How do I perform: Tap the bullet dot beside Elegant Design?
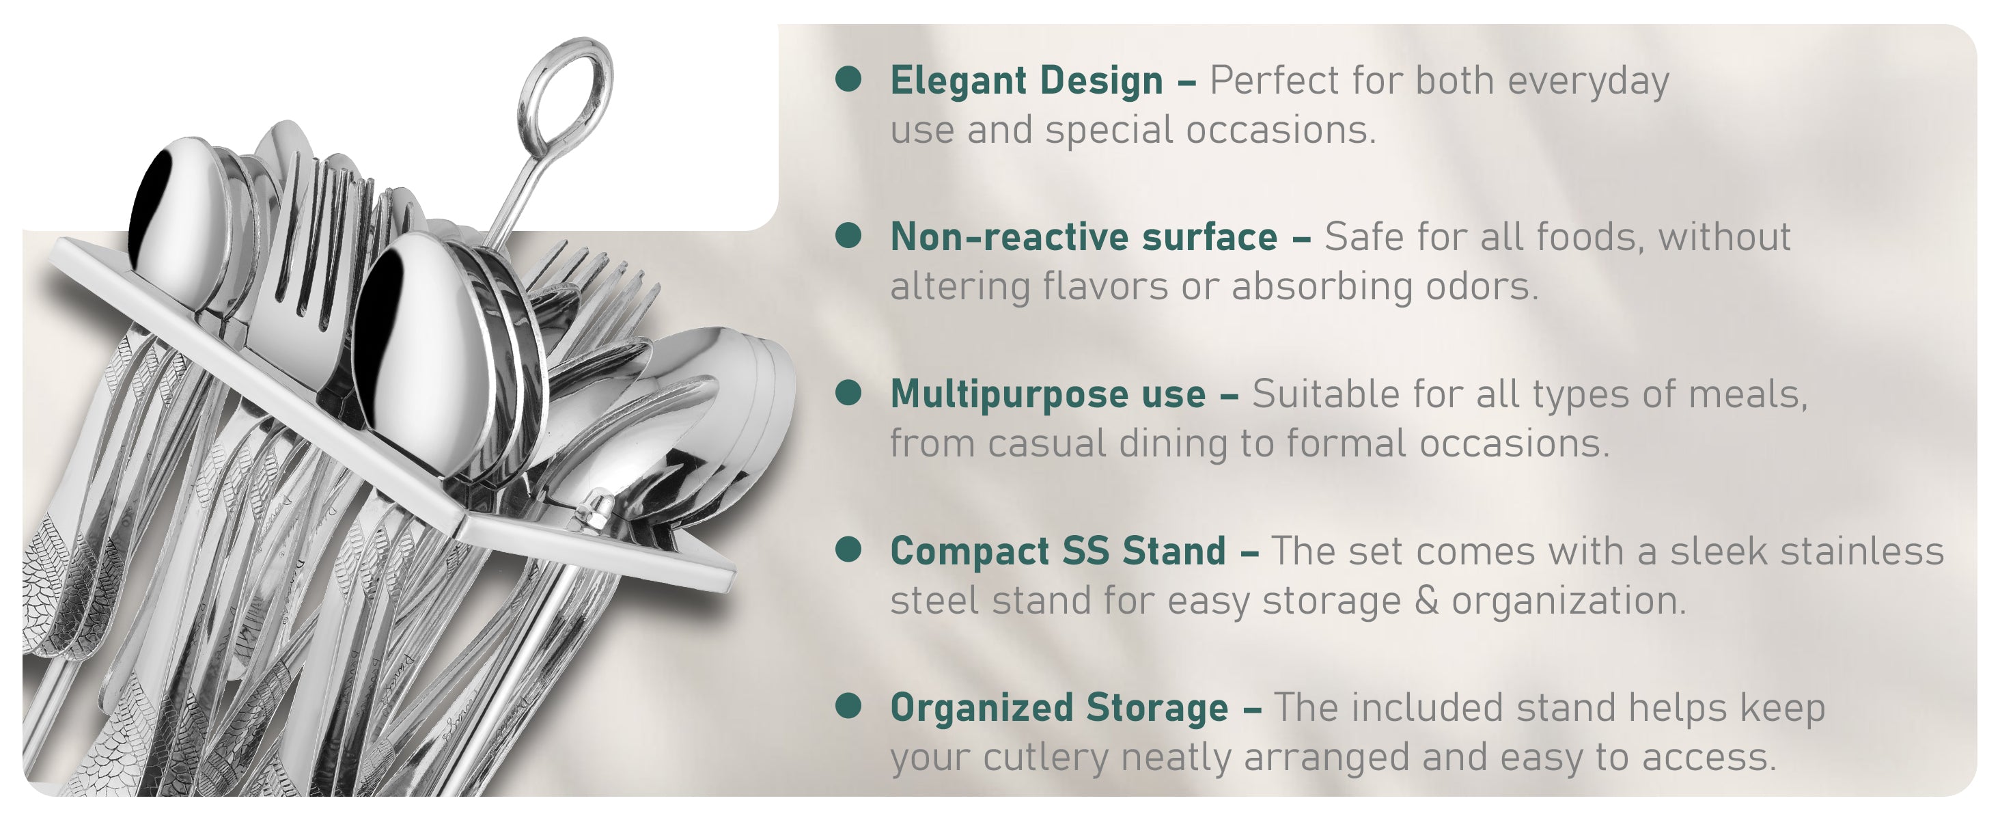click(848, 79)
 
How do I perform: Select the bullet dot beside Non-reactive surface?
click(848, 235)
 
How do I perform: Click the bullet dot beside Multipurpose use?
click(848, 392)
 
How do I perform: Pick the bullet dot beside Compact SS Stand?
click(848, 549)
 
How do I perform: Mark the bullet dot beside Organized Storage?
click(848, 706)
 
